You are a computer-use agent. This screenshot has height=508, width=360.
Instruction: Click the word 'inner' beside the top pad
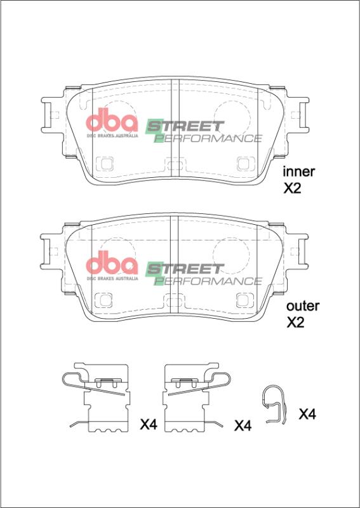298,171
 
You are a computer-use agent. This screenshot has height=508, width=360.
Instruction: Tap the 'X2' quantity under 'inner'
294,188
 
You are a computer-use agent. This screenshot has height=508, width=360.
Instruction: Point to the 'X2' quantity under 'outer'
296,323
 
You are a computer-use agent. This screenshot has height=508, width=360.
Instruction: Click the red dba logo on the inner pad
112,122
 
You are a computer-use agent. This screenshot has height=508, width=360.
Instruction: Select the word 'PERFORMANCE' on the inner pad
209,138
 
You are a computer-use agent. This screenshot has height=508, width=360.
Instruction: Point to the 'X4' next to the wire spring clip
307,415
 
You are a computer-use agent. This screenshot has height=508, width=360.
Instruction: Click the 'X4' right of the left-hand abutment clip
148,424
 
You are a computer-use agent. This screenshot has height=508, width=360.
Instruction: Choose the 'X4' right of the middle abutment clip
243,425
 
